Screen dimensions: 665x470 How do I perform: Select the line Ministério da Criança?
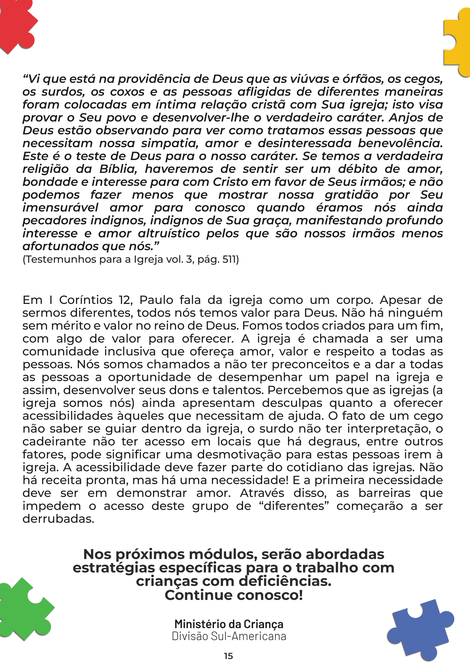(x=229, y=624)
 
